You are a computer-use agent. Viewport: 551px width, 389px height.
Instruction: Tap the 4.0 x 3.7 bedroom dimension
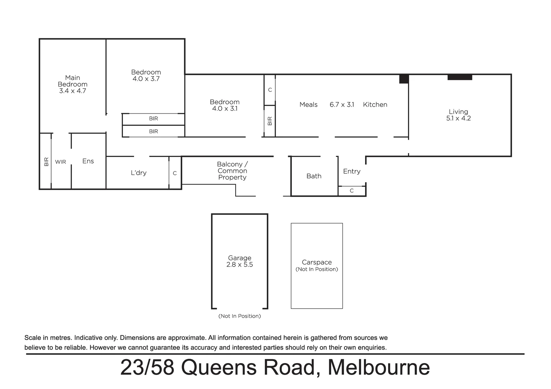point(146,79)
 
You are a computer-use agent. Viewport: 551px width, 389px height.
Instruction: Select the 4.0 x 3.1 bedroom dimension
point(225,109)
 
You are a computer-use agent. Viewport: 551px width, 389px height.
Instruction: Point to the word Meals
point(308,105)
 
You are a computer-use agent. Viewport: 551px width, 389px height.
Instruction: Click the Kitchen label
point(375,105)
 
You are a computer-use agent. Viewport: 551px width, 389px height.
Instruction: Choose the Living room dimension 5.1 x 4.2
point(458,119)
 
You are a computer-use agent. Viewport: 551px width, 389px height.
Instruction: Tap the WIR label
point(61,162)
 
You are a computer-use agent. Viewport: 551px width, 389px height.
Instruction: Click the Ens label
point(88,161)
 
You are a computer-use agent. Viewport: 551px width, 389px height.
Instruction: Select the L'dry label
point(138,173)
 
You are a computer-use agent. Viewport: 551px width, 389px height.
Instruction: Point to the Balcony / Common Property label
point(232,171)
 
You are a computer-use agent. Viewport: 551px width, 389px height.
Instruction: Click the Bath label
point(314,176)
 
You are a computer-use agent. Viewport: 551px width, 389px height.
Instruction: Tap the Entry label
point(351,171)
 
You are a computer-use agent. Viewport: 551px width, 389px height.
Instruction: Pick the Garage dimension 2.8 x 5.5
point(240,265)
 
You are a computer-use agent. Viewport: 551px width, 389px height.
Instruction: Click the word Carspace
point(316,262)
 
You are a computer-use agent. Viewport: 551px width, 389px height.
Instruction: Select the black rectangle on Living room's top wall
point(460,77)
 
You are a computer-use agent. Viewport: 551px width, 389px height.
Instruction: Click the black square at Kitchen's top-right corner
point(404,79)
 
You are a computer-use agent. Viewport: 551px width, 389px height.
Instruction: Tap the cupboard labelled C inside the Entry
point(352,191)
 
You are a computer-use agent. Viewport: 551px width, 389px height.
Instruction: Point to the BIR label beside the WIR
point(46,162)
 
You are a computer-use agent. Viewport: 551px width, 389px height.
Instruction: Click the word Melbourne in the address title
point(378,367)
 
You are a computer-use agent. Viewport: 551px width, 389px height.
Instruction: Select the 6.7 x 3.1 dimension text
point(342,105)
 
